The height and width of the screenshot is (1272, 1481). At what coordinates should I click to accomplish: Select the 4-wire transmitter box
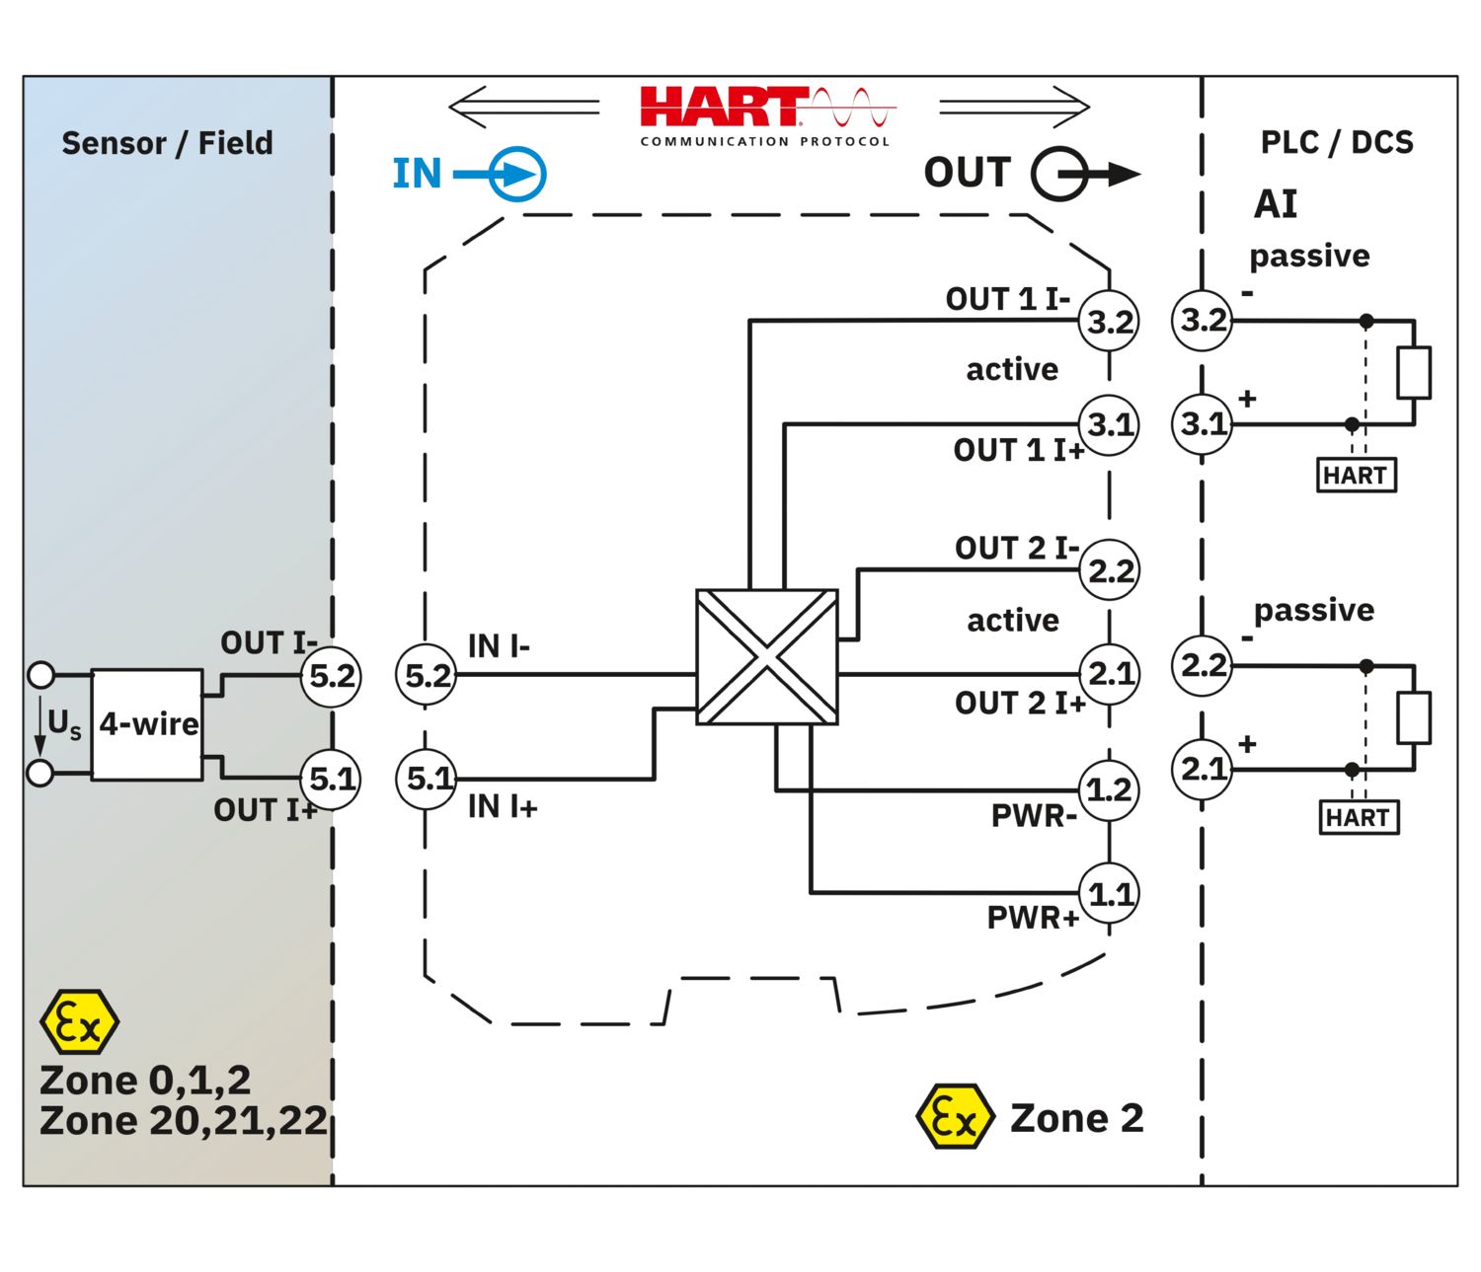pos(147,724)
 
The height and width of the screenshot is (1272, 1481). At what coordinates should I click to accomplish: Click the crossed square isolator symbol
pos(766,656)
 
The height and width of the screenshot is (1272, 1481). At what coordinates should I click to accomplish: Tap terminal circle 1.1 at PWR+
pos(1109,894)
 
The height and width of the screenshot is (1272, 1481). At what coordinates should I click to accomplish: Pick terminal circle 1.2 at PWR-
pos(1109,789)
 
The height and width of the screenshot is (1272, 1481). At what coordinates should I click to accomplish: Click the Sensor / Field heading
pos(167,143)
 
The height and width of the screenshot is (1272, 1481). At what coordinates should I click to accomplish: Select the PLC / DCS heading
pos(1336,142)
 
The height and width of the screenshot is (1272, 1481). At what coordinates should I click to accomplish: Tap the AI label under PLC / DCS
pos(1275,204)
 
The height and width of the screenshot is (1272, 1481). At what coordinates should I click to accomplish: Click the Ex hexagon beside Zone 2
pos(954,1117)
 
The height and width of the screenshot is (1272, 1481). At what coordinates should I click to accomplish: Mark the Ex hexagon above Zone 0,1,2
pos(79,1022)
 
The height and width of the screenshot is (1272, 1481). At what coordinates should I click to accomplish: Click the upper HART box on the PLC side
pos(1357,475)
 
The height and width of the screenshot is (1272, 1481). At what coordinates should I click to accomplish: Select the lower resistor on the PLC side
pos(1414,717)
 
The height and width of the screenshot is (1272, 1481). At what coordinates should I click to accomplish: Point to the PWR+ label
pos(1032,918)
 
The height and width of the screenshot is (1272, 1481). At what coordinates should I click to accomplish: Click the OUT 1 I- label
pos(1007,299)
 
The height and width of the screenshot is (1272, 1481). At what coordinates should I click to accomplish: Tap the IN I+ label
pos(502,807)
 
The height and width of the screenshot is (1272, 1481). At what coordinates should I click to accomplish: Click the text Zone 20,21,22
pos(183,1121)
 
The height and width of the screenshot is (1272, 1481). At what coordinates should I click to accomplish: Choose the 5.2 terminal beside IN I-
pos(427,676)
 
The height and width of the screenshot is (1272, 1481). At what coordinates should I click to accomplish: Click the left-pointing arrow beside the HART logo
pos(523,107)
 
